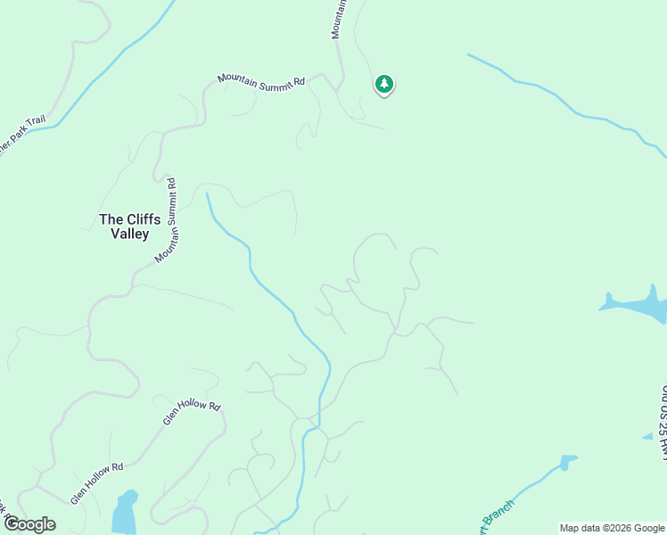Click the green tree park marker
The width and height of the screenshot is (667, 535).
pos(384,85)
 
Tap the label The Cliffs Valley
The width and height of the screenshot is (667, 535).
pos(124,226)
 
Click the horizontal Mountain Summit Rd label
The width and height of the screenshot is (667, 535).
pos(260,82)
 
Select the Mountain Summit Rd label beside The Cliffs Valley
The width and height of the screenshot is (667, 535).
pos(167,220)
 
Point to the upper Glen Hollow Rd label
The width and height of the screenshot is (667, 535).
pos(191,411)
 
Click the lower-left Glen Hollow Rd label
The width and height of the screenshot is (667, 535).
pos(97,481)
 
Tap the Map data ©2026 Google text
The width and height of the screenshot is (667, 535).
pos(613,529)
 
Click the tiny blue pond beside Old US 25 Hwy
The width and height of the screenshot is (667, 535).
pos(648,437)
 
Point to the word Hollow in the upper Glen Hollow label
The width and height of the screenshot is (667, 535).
pos(193,409)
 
